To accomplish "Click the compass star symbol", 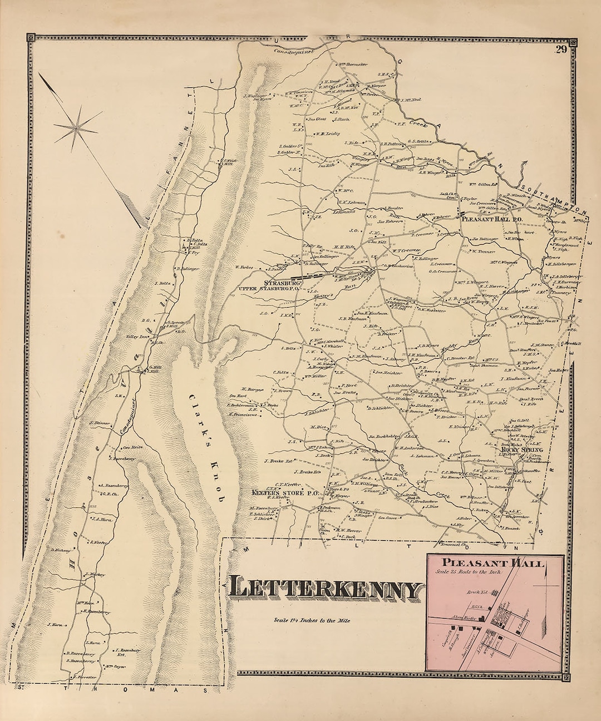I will coord(77,129).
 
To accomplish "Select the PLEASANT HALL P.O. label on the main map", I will coord(489,219).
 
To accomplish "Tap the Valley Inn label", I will coord(137,337).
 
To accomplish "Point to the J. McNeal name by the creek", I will coord(410,100).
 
